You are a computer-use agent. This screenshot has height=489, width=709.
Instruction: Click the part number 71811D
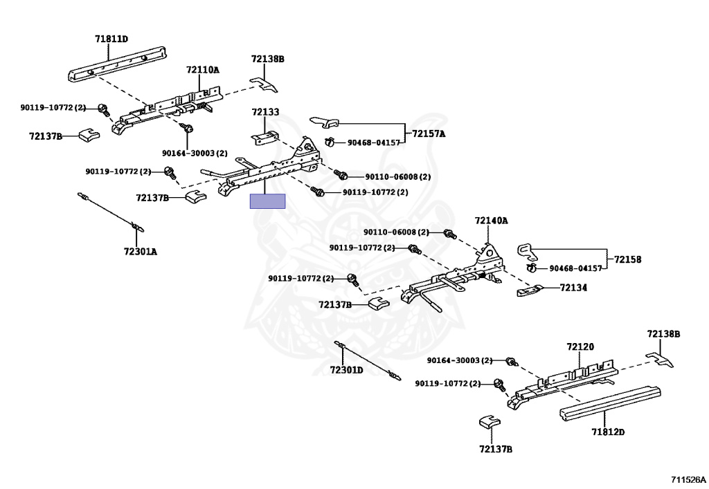(x=111, y=39)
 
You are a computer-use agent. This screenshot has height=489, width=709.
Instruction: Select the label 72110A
(x=203, y=70)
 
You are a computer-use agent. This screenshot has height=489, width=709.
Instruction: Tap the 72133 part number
(x=265, y=111)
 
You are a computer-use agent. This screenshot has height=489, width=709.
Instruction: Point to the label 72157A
(x=428, y=133)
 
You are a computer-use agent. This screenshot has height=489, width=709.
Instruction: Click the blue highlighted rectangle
(x=268, y=201)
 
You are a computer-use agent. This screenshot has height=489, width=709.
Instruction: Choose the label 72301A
(x=141, y=252)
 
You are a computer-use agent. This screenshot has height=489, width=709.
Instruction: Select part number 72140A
(x=491, y=221)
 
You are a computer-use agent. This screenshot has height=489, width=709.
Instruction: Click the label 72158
(x=627, y=259)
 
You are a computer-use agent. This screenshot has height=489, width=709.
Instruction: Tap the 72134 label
(x=573, y=288)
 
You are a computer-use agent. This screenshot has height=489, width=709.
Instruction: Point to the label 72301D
(x=346, y=370)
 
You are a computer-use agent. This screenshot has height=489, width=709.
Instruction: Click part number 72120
(x=581, y=347)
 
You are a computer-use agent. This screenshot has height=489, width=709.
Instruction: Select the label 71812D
(x=608, y=432)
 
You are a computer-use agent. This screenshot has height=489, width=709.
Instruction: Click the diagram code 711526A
(x=688, y=479)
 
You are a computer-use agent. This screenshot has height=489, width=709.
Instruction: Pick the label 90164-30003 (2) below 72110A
(x=195, y=153)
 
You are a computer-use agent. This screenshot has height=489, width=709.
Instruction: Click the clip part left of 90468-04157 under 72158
(x=531, y=268)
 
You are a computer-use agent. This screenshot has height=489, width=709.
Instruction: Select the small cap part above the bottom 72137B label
(x=490, y=422)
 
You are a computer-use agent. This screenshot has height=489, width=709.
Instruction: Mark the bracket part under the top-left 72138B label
(x=264, y=84)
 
